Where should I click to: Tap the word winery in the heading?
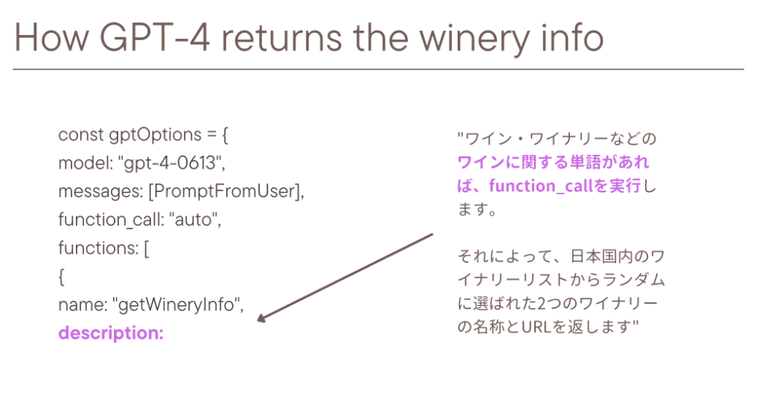pos(474,39)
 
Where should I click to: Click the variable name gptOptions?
pos(155,135)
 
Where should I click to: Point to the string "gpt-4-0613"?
pos(172,163)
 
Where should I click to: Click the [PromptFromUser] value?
pos(226,191)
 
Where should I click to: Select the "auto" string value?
pos(195,219)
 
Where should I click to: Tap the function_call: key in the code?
pos(111,220)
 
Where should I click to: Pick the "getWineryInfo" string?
pos(178,304)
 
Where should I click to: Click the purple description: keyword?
pos(111,334)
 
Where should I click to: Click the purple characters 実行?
pos(625,185)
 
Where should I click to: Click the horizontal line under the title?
pos(378,69)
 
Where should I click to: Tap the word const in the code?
pos(81,135)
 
